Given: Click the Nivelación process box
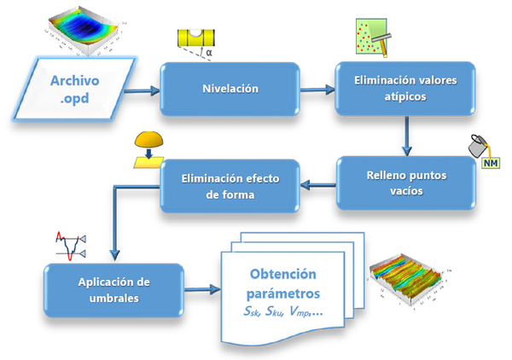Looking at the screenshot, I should point(230,88).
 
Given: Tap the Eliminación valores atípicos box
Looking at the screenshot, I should point(404,88).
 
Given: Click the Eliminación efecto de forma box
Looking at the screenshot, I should point(231,186).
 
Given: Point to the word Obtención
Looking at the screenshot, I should point(283,274).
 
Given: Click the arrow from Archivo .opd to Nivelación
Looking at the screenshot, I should point(147,89).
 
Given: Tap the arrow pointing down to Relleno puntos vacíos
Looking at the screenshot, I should point(405,134).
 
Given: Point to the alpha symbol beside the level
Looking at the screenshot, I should point(208,53).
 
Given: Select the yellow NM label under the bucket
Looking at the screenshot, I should point(491,160).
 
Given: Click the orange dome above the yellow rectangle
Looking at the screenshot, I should point(150,139).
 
